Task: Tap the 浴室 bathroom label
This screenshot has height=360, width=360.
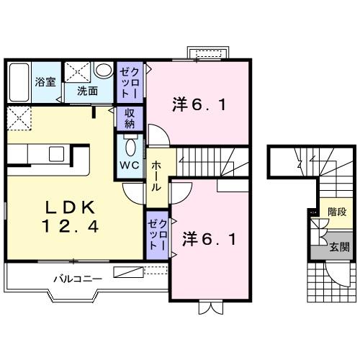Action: tap(45, 81)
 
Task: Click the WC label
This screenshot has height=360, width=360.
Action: tap(130, 164)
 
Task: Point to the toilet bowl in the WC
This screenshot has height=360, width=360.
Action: tap(130, 147)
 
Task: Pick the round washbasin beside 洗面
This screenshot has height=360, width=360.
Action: tap(104, 71)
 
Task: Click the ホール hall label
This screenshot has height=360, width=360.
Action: tap(156, 176)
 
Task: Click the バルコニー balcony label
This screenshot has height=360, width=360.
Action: tap(78, 278)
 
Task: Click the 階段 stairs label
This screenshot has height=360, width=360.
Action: tap(337, 213)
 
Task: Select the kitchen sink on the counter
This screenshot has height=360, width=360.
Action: tap(55, 153)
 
